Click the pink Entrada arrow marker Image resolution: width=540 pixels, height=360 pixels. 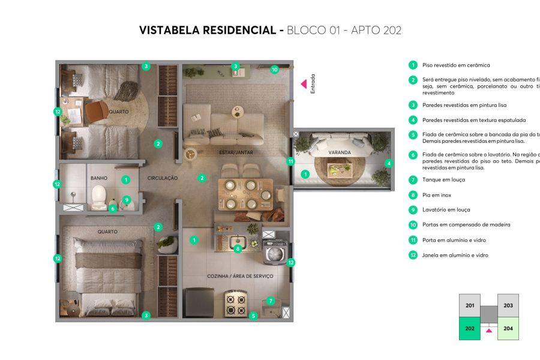click(x=304, y=84)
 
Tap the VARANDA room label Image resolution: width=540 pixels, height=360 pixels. click(x=339, y=152)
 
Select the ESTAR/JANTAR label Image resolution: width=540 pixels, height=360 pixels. click(x=236, y=152)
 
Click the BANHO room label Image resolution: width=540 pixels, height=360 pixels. click(x=99, y=178)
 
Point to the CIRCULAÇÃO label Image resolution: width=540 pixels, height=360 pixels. click(x=163, y=178)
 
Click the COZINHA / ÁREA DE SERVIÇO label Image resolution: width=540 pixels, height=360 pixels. click(x=240, y=276)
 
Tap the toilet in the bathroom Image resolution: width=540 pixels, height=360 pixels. click(x=98, y=196)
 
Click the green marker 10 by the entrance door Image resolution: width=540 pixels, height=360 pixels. click(x=275, y=69)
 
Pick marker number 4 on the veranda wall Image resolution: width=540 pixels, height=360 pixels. click(x=388, y=163)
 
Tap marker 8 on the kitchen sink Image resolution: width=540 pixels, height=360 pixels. click(x=238, y=248)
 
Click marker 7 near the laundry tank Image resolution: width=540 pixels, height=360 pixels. click(x=271, y=301)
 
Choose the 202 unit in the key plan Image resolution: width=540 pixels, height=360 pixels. click(x=470, y=329)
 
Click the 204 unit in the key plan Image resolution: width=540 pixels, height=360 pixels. click(x=508, y=329)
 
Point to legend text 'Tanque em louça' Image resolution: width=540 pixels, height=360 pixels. click(x=443, y=179)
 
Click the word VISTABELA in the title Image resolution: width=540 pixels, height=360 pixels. click(x=167, y=30)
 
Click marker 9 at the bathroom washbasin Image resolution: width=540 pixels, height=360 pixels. click(x=126, y=200)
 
